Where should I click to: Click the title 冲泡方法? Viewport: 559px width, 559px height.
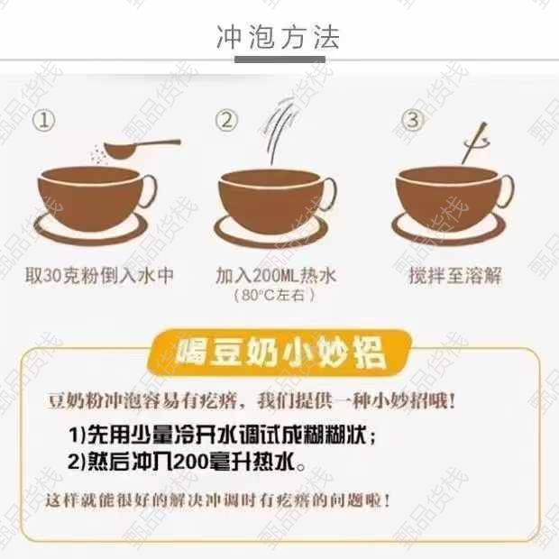[278, 37]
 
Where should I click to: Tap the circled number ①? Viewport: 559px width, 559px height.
[44, 120]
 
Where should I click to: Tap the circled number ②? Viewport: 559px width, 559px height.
[226, 120]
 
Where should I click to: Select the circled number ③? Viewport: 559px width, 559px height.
[412, 120]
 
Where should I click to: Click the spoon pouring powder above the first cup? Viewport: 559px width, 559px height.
[142, 147]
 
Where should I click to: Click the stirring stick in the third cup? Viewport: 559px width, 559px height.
[474, 143]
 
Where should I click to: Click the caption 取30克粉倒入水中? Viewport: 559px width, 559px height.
[99, 276]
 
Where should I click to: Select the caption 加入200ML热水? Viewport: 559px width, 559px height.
[276, 276]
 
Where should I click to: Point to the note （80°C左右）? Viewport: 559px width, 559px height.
[274, 295]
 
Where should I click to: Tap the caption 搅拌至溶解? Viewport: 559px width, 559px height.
[455, 276]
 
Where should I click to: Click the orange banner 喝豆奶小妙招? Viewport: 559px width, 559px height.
[279, 353]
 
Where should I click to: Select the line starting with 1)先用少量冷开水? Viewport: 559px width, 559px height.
[222, 435]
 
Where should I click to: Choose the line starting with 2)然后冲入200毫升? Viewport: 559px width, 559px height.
[187, 462]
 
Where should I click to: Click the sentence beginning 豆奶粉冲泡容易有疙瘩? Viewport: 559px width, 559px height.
[252, 402]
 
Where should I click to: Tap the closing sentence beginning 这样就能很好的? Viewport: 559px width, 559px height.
[218, 500]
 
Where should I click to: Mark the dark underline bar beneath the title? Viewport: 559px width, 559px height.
[279, 60]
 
